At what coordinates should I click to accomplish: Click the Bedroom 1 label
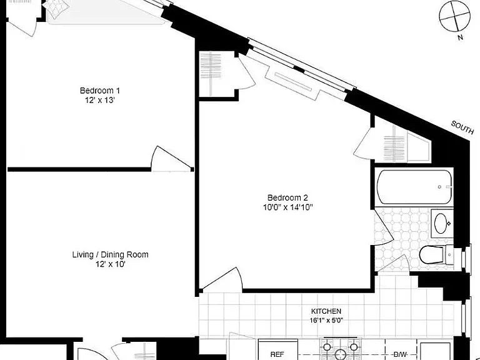[x=100, y=91]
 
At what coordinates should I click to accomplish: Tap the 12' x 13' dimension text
[x=100, y=100]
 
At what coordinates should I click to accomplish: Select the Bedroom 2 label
[x=287, y=197]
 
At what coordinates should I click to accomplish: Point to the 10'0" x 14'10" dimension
[x=287, y=207]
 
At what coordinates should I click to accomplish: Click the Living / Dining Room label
[x=110, y=255]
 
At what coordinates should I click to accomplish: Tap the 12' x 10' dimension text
[x=111, y=264]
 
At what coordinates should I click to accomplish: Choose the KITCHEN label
[x=326, y=311]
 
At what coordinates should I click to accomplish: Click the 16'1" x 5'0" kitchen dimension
[x=326, y=321]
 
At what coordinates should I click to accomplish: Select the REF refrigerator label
[x=277, y=354]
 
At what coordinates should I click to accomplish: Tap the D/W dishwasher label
[x=400, y=354]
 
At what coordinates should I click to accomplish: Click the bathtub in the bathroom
[x=414, y=187]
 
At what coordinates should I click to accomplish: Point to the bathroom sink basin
[x=441, y=224]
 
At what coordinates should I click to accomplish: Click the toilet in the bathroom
[x=435, y=255]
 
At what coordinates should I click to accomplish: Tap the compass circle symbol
[x=454, y=16]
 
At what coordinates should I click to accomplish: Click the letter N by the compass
[x=460, y=37]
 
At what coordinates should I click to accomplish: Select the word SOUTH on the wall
[x=462, y=127]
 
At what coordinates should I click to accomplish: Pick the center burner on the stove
[x=340, y=355]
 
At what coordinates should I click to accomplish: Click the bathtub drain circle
[x=439, y=187]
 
